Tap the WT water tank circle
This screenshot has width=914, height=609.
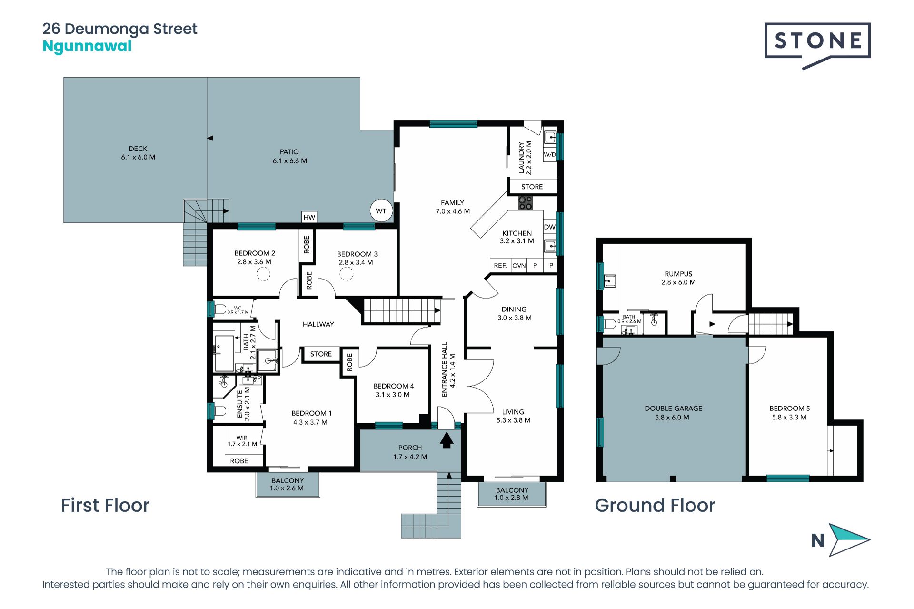pos(381,210)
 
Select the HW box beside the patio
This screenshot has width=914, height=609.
pos(309,217)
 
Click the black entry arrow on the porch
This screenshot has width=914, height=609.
pos(446,439)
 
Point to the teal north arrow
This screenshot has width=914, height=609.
pos(849,540)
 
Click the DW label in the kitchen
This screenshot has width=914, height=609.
pos(550,227)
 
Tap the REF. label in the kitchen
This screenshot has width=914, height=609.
pos(500,265)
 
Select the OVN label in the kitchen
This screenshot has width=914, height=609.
pos(519,265)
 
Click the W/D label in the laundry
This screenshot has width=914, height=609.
pos(550,154)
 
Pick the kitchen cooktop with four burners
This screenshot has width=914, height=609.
pos(525,203)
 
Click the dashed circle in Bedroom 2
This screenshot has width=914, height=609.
pos(263,274)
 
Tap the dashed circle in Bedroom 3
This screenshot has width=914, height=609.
pos(346,274)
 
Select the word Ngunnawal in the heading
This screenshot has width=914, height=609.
pos(87,46)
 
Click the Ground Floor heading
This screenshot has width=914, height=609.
pos(655,505)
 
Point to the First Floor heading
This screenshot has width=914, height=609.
pos(105,505)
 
